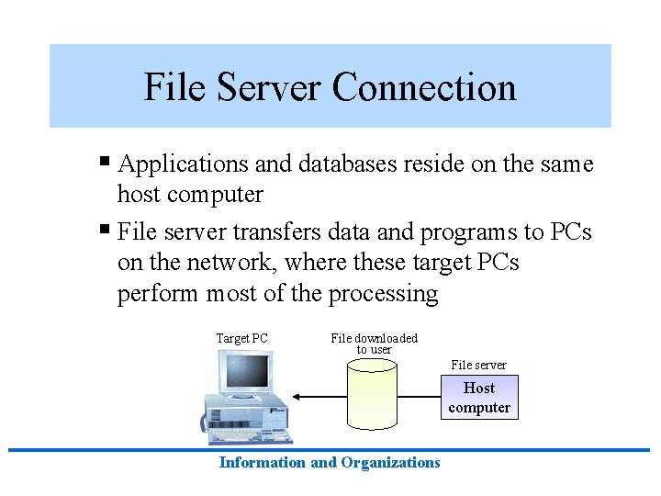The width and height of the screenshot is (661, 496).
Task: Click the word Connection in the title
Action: point(424,87)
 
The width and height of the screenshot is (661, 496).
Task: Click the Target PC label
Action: point(241,338)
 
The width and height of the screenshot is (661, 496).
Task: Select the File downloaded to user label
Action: point(374,344)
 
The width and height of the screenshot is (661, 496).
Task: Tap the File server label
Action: point(478,365)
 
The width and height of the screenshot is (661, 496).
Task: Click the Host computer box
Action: point(479,398)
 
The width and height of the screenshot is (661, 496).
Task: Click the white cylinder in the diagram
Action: point(372,395)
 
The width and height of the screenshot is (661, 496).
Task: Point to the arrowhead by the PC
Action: point(297,397)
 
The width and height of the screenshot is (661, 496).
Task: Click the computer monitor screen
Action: point(247,372)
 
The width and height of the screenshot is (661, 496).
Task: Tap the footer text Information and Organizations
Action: point(330,463)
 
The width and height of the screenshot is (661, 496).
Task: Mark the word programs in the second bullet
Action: point(468,232)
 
